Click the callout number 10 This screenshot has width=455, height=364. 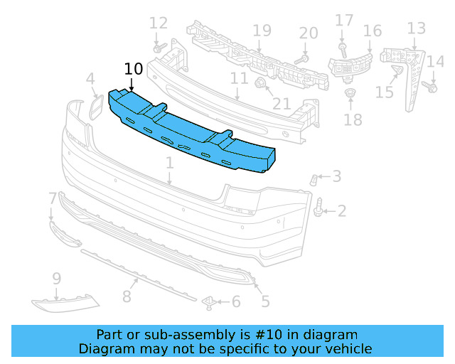point(133,69)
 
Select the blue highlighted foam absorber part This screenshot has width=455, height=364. point(192,132)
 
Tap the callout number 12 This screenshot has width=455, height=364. point(159,23)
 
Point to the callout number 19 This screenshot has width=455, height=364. point(262,31)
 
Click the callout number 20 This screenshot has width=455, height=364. point(309,33)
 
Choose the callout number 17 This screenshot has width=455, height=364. point(344,20)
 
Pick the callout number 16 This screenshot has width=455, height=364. point(373,31)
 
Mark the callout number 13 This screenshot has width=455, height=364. point(417,28)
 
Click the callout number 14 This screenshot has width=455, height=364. point(435,63)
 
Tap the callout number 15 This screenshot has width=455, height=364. point(384,92)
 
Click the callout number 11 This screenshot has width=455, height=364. point(239,77)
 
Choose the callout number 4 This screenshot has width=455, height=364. point(90,78)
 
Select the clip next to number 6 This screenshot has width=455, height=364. point(210,303)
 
